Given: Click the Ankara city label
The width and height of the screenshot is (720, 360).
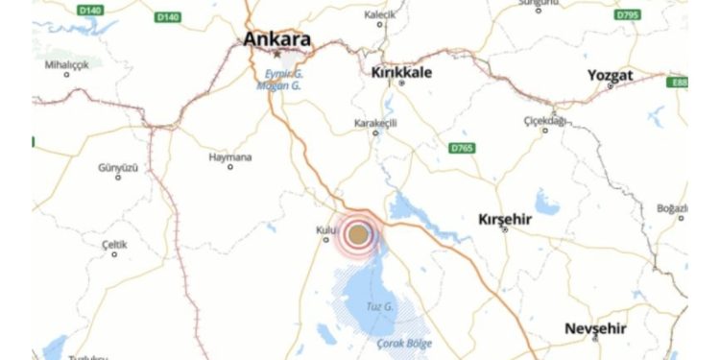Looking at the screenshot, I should (x=277, y=40).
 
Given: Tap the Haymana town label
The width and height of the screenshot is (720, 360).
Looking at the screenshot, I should (x=230, y=156).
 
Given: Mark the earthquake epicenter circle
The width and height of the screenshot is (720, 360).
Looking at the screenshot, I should (x=358, y=234).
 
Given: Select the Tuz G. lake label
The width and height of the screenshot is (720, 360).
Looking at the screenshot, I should (x=381, y=306).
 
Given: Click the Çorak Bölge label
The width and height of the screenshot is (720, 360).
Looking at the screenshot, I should (x=404, y=343).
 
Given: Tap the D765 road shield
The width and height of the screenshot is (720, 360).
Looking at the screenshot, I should (x=463, y=148).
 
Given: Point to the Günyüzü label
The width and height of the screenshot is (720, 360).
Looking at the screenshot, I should (x=118, y=167).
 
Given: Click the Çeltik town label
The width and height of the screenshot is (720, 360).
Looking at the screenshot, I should (x=114, y=244).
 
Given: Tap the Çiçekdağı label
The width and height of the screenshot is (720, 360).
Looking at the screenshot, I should (x=544, y=120).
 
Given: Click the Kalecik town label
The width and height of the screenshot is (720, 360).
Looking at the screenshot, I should (x=380, y=15).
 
